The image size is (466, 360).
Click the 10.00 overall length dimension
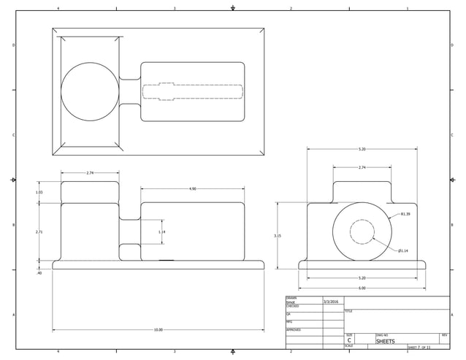coord(158,330)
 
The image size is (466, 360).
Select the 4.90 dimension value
coord(192,189)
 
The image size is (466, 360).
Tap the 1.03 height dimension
coord(39,192)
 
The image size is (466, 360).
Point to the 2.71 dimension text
coord(39,231)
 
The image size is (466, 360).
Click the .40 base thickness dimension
coord(39,273)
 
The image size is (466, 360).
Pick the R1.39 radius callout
coord(405,215)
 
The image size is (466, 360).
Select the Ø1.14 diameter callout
coord(403,250)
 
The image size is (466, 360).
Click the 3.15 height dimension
coord(277,236)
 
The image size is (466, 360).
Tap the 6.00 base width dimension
coord(362,288)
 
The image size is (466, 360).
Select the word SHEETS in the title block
coord(385,341)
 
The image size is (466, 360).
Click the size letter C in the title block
coord(349,341)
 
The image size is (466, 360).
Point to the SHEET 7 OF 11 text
coord(419,348)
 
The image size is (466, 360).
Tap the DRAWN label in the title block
coord(291,298)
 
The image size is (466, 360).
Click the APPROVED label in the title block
coord(294,330)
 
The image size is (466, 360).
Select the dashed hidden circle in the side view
coord(362,231)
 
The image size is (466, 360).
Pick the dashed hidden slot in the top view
coord(192,91)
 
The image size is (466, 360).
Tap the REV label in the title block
coord(445,335)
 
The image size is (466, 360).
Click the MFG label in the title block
coord(290,322)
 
